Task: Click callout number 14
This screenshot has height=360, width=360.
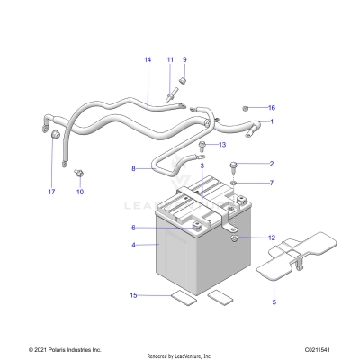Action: (x=147, y=60)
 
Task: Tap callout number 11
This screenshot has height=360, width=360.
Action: (x=169, y=60)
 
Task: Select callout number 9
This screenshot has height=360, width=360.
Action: (x=184, y=60)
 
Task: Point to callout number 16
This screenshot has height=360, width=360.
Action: (x=271, y=107)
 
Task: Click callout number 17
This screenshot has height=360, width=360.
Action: (x=51, y=192)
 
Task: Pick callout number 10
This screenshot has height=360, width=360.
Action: (x=79, y=192)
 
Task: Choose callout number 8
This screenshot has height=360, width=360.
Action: (x=134, y=168)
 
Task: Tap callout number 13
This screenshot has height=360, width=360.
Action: (x=222, y=145)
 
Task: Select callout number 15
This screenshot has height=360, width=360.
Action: (x=134, y=295)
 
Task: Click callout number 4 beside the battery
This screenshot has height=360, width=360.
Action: (x=134, y=245)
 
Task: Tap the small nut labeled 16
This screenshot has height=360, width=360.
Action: (x=246, y=107)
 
